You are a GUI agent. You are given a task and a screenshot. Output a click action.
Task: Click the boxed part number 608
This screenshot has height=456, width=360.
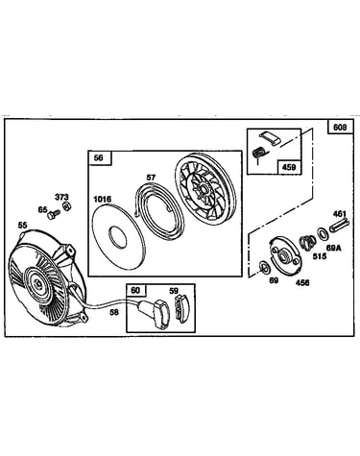tap(340, 127)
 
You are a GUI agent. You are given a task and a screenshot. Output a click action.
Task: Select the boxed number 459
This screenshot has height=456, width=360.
tap(289, 167)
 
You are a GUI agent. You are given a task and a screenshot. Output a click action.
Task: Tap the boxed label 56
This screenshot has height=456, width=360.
tap(99, 158)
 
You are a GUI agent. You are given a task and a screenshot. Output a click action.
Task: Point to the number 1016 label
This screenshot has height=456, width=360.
tap(103, 200)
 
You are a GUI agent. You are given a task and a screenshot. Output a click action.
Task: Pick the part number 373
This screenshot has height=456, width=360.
tap(61, 197)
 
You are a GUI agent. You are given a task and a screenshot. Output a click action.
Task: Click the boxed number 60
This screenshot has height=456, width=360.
tap(135, 290)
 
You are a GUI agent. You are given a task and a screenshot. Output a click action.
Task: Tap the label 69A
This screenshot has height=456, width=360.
tap(333, 248)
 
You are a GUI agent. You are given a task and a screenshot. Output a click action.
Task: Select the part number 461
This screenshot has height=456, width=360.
tap(340, 213)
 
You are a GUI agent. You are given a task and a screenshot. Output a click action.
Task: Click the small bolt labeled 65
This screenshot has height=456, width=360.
tap(54, 214)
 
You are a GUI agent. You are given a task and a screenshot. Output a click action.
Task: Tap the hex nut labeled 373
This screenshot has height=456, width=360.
tap(67, 206)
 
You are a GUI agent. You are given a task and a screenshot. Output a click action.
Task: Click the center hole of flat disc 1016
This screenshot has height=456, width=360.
tap(117, 237)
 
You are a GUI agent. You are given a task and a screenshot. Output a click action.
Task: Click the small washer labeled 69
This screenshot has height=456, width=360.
tap(265, 267)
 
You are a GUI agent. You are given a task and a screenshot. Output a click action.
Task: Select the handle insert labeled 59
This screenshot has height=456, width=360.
tap(181, 309)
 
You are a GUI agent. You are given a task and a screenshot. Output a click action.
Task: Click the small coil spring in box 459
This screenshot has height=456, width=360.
tap(257, 154)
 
